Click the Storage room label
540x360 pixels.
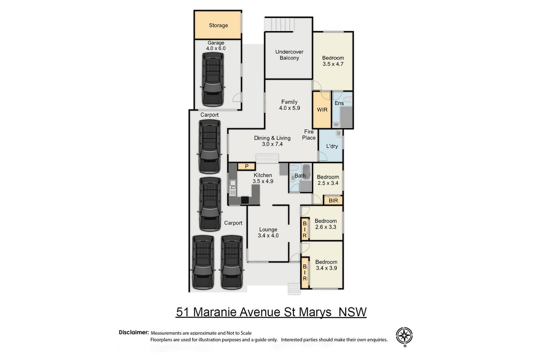(218, 25)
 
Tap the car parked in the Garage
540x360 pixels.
(213, 79)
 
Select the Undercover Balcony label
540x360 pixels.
(289, 55)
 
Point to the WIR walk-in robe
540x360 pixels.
(322, 110)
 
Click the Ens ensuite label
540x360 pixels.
(339, 103)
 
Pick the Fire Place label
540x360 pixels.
(309, 135)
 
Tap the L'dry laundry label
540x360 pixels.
(332, 146)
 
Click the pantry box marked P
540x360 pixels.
(246, 166)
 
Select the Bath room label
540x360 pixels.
(300, 176)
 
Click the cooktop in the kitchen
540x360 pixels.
(245, 200)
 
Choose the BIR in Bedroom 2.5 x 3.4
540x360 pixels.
(333, 200)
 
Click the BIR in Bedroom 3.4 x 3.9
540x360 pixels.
(305, 273)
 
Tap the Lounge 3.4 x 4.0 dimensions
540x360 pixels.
(268, 236)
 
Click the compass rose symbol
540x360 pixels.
(404, 336)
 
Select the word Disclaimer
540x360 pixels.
(134, 332)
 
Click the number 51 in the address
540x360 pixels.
(183, 312)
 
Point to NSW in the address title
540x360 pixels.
(352, 312)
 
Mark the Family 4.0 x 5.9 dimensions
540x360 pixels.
(289, 108)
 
